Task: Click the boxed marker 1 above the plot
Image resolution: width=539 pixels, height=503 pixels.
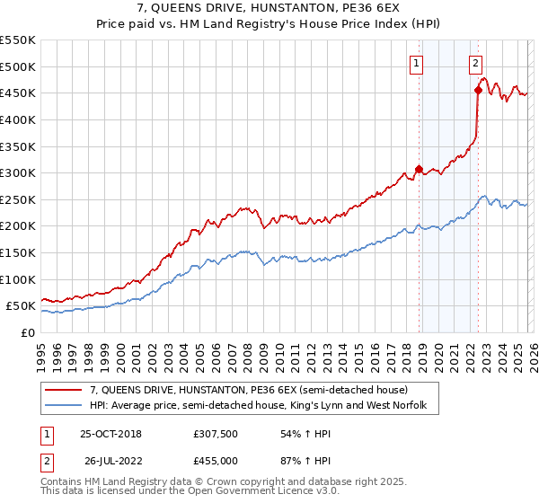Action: (x=418, y=63)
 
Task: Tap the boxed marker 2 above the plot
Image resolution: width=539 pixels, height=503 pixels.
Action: (x=475, y=63)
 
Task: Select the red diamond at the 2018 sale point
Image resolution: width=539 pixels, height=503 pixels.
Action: (x=419, y=169)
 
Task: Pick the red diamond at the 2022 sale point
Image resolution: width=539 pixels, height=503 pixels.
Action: (x=478, y=90)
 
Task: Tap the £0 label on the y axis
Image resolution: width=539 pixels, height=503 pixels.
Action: (x=29, y=332)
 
